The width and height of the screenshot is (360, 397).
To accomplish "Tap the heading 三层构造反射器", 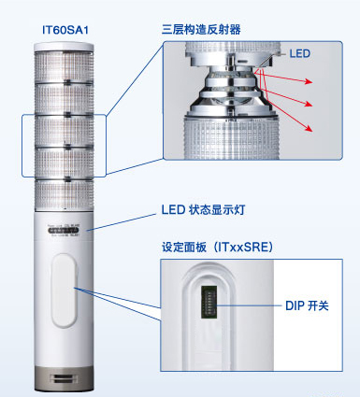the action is coord(200,29).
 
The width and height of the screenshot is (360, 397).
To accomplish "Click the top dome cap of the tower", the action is coord(65,47).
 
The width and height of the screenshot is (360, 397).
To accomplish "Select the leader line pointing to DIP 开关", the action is coord(255,305).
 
